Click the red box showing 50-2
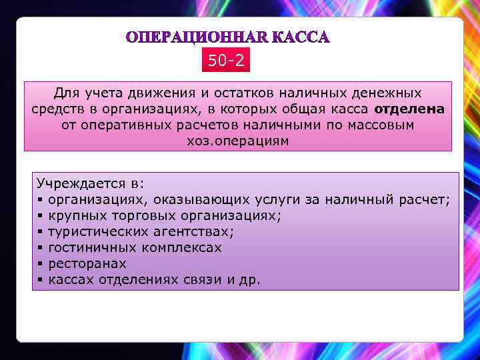pyautogui.click(x=226, y=61)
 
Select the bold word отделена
pyautogui.click(x=409, y=109)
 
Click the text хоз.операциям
pyautogui.click(x=238, y=141)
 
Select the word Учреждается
pyautogui.click(x=79, y=183)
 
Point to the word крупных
pyautogui.click(x=75, y=215)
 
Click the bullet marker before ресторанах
pyautogui.click(x=41, y=264)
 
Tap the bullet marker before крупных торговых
pyautogui.click(x=41, y=215)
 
